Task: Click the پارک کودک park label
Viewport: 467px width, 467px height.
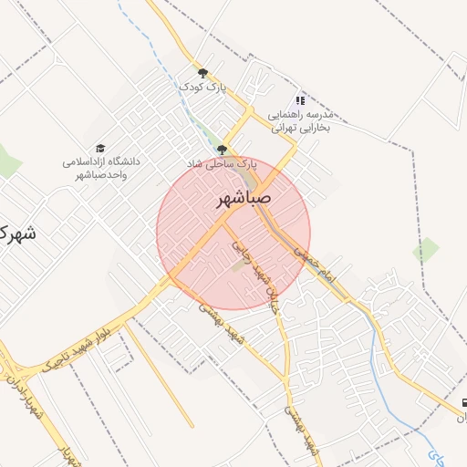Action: pyautogui.click(x=202, y=87)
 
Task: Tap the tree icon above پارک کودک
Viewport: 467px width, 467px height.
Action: pyautogui.click(x=202, y=73)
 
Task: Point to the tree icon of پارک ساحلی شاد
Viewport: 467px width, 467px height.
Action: pyautogui.click(x=222, y=150)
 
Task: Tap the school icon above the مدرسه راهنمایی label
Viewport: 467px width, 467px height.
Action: pyautogui.click(x=300, y=100)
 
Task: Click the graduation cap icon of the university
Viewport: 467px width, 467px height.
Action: pyautogui.click(x=100, y=148)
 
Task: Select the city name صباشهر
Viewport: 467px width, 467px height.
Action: pyautogui.click(x=244, y=198)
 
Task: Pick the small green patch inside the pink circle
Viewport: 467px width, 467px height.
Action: pyautogui.click(x=238, y=265)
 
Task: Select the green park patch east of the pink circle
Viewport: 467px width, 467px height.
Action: pyautogui.click(x=425, y=250)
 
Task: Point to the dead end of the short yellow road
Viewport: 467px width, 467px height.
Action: pyautogui.click(x=192, y=426)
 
